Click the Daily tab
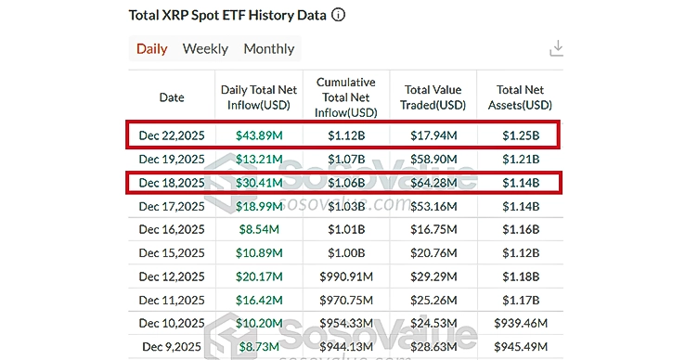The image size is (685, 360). click(151, 49)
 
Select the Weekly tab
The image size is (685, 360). click(205, 49)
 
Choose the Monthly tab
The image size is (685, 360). click(268, 49)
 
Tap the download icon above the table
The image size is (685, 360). click(557, 48)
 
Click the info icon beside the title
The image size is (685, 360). click(339, 15)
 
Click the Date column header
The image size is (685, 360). click(172, 97)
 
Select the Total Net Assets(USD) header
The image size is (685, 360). click(519, 97)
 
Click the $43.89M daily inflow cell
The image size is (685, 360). click(259, 135)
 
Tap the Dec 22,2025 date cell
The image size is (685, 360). click(172, 135)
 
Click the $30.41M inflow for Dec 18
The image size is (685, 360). click(259, 184)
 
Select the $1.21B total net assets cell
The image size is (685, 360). click(519, 160)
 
